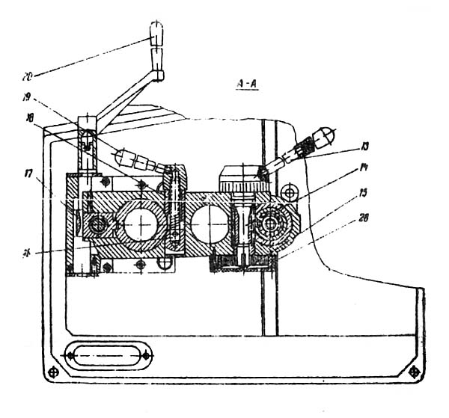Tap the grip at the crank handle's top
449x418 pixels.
pyautogui.click(x=157, y=34)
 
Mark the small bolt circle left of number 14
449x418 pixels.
pyautogui.click(x=293, y=187)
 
